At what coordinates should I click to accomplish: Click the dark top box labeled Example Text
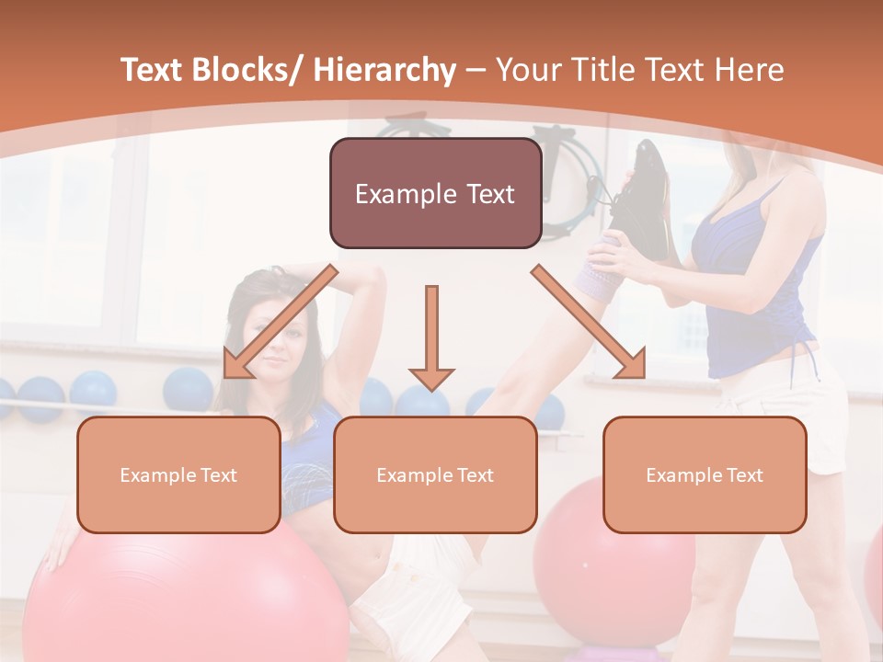pyautogui.click(x=435, y=193)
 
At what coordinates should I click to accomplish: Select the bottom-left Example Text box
pyautogui.click(x=178, y=474)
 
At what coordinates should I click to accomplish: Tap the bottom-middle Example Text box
pyautogui.click(x=435, y=474)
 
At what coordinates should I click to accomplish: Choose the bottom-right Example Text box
pyautogui.click(x=705, y=474)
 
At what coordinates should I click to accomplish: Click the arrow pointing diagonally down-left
pyautogui.click(x=280, y=322)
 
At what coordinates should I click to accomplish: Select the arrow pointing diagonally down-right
pyautogui.click(x=589, y=322)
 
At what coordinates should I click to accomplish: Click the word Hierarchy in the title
pyautogui.click(x=384, y=70)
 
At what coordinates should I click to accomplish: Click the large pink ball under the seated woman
pyautogui.click(x=184, y=598)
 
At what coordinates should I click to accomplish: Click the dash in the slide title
pyautogui.click(x=476, y=70)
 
